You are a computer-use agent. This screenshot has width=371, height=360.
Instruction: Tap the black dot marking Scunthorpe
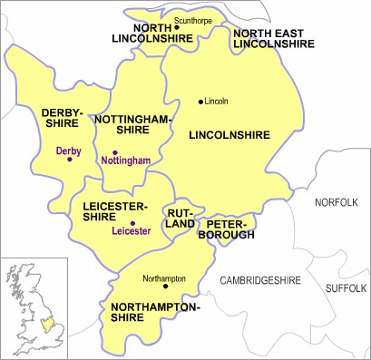tap(164, 27)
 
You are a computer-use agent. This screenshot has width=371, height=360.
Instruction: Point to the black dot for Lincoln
tap(200, 100)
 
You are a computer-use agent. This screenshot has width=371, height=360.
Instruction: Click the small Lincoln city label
tap(218, 100)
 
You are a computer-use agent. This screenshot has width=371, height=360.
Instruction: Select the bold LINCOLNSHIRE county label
tap(229, 135)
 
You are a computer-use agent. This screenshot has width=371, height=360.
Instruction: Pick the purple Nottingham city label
tap(125, 161)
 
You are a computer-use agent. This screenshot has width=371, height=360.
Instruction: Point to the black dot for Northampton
tap(165, 286)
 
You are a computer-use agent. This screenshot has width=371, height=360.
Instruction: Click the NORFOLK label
tap(337, 202)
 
